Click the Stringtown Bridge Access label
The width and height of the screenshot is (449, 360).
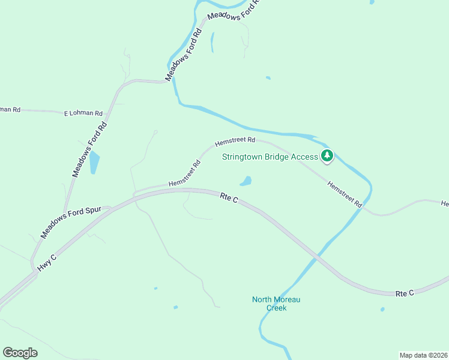pyautogui.click(x=270, y=157)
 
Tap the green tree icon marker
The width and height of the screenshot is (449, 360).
pyautogui.click(x=327, y=157)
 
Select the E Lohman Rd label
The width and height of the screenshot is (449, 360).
pyautogui.click(x=83, y=113)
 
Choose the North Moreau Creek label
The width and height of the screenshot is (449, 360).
pyautogui.click(x=276, y=304)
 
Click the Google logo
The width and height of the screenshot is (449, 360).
pyautogui.click(x=20, y=353)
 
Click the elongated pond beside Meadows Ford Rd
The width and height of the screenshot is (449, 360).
pyautogui.click(x=94, y=163)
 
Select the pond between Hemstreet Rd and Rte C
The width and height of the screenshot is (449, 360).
pyautogui.click(x=246, y=181)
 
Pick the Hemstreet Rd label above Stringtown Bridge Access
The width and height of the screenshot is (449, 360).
pyautogui.click(x=235, y=140)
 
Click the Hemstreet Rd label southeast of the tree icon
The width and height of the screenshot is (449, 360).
pyautogui.click(x=345, y=194)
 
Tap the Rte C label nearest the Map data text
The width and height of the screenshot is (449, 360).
pyautogui.click(x=405, y=293)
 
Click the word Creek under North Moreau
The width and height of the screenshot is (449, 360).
pyautogui.click(x=277, y=308)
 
